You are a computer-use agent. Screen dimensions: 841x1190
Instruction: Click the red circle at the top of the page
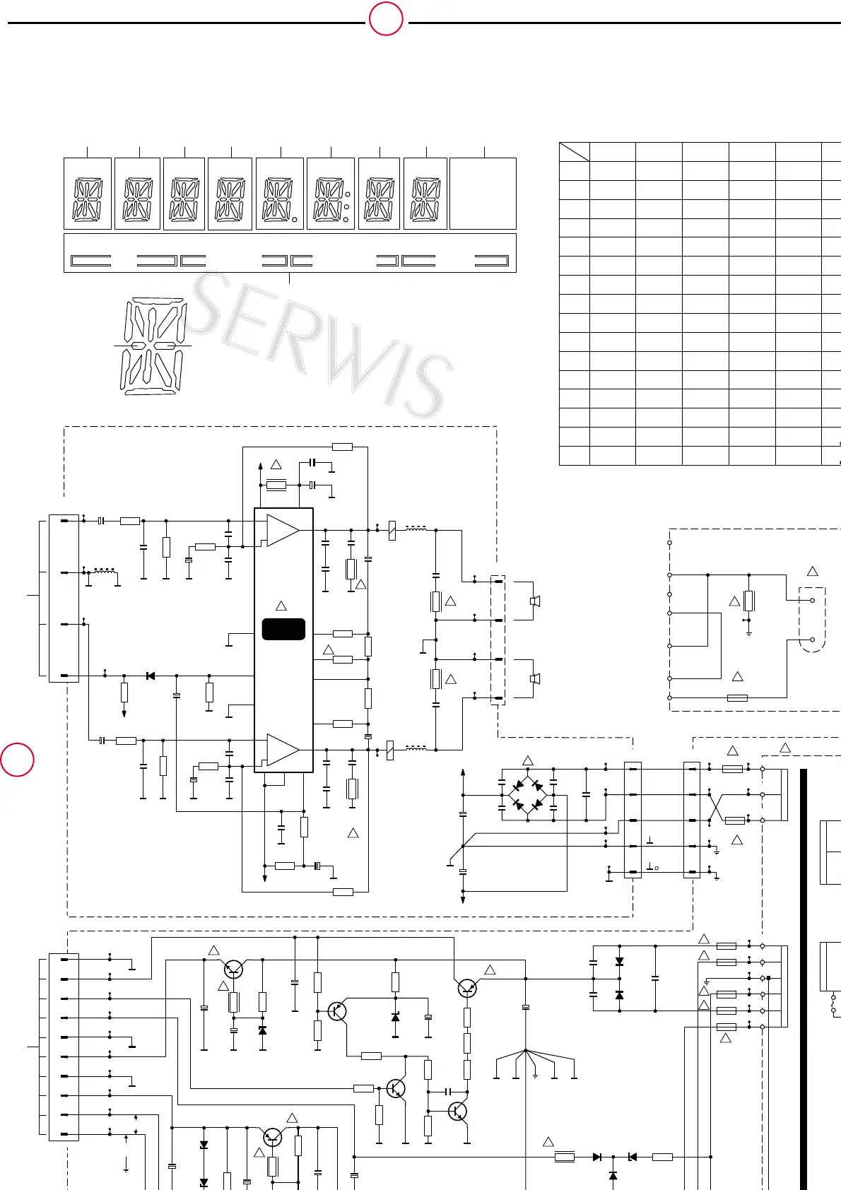pyautogui.click(x=386, y=18)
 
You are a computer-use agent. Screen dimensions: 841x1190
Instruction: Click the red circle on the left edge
pyautogui.click(x=17, y=759)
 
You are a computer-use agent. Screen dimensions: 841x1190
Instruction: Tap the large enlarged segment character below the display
pyautogui.click(x=153, y=346)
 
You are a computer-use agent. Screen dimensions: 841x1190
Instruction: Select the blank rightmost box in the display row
pyautogui.click(x=483, y=194)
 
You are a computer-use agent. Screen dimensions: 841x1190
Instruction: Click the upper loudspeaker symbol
pyautogui.click(x=535, y=601)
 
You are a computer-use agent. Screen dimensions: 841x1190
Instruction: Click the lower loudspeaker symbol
pyautogui.click(x=535, y=679)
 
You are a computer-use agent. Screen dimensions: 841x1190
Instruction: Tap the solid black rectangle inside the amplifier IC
pyautogui.click(x=283, y=629)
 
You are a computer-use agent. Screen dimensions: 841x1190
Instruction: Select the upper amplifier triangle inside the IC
pyautogui.click(x=283, y=530)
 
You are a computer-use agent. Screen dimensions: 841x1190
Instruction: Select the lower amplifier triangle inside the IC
pyautogui.click(x=283, y=750)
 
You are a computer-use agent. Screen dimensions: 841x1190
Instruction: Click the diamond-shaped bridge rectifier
pyautogui.click(x=527, y=795)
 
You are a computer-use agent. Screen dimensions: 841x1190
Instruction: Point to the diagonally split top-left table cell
pyautogui.click(x=575, y=151)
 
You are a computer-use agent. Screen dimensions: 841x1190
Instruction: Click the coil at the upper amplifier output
pyautogui.click(x=416, y=528)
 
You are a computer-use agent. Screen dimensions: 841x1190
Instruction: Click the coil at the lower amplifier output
pyautogui.click(x=416, y=748)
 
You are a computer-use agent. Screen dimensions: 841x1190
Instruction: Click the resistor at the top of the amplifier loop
pyautogui.click(x=342, y=447)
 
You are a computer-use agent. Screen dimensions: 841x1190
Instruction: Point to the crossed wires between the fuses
pyautogui.click(x=716, y=808)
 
